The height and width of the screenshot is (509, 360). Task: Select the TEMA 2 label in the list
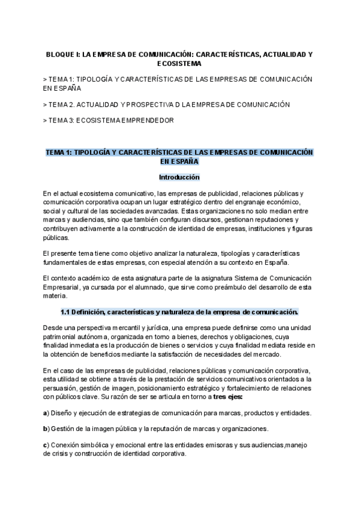(x=62, y=104)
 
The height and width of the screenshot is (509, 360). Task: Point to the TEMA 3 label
(x=62, y=121)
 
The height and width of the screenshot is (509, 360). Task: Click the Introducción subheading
(x=179, y=178)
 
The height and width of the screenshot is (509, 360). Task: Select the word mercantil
(x=115, y=328)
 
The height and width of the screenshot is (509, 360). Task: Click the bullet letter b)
(x=46, y=429)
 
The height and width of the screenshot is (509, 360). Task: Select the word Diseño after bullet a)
(x=62, y=413)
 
